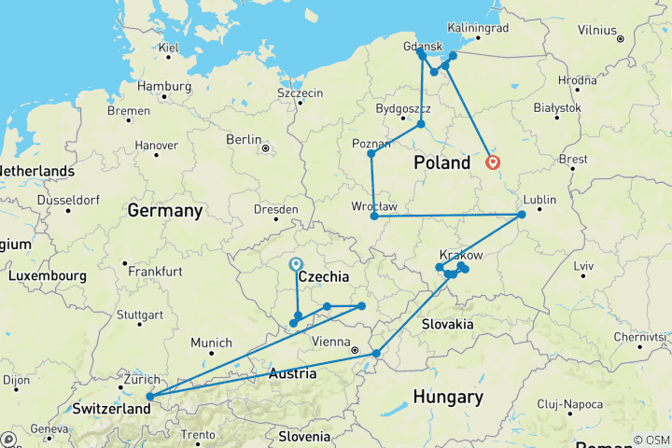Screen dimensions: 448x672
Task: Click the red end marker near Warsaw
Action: point(493,163)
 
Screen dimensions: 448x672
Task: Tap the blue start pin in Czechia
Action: point(296,265)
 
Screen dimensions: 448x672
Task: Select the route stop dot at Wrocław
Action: point(374,217)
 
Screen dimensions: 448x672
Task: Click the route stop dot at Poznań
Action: point(371,154)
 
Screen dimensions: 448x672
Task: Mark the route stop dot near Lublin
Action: point(522,216)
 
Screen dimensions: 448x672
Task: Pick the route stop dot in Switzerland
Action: point(150,397)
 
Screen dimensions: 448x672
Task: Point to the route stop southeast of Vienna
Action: point(376,353)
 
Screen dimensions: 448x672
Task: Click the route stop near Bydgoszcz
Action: point(422,124)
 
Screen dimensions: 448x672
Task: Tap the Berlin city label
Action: point(244,139)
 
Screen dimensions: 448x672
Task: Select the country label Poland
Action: point(442,163)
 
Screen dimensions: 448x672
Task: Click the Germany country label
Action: point(164,210)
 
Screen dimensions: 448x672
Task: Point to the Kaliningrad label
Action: point(478,28)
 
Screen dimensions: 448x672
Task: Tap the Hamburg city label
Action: point(163,86)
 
